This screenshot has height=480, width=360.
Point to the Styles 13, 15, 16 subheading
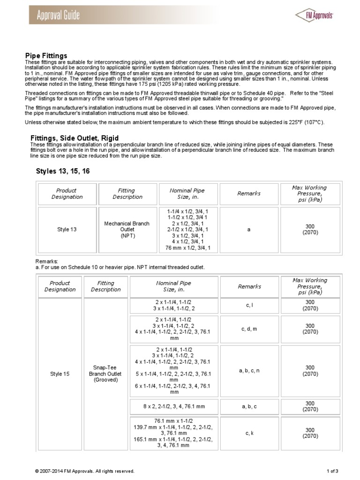(x=62, y=172)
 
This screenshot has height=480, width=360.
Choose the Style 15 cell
(x=60, y=374)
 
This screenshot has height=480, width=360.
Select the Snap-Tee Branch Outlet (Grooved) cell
(x=105, y=374)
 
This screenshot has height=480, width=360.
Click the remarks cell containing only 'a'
(x=249, y=230)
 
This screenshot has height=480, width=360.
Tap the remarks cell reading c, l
(x=249, y=306)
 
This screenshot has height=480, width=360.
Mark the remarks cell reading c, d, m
(x=249, y=329)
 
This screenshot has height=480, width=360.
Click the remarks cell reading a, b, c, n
(x=249, y=371)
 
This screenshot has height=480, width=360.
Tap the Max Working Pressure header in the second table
(x=309, y=286)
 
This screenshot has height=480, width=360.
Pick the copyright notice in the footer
(x=85, y=471)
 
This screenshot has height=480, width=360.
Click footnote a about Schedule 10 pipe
(x=120, y=267)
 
